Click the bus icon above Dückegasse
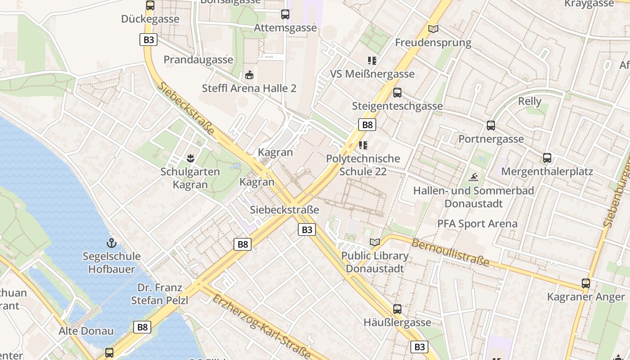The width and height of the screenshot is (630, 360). click(x=150, y=5)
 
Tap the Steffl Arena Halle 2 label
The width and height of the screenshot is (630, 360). click(x=249, y=88)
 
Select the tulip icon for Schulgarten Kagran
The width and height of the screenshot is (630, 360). click(x=190, y=158)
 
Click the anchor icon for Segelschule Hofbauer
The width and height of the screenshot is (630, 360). click(x=111, y=243)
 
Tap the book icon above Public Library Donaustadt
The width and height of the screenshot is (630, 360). click(x=374, y=242)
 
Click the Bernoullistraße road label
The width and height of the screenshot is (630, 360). click(x=450, y=252)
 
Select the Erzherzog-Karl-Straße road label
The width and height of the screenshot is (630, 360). click(x=261, y=327)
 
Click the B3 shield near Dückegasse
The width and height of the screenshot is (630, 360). click(x=148, y=40)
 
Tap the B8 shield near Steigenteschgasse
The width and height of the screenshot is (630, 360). click(x=367, y=125)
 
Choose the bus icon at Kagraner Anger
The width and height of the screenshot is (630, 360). click(x=585, y=283)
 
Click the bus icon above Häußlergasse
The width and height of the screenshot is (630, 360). click(x=397, y=309)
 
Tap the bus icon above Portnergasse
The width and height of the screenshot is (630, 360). click(x=490, y=126)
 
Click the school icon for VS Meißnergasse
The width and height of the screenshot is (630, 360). click(x=372, y=60)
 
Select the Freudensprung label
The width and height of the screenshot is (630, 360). click(x=433, y=43)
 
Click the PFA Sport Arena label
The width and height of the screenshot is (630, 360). click(x=477, y=224)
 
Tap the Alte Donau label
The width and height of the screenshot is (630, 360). click(x=86, y=331)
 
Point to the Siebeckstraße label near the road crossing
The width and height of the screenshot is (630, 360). click(x=284, y=210)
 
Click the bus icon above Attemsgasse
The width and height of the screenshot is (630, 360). click(x=285, y=14)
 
